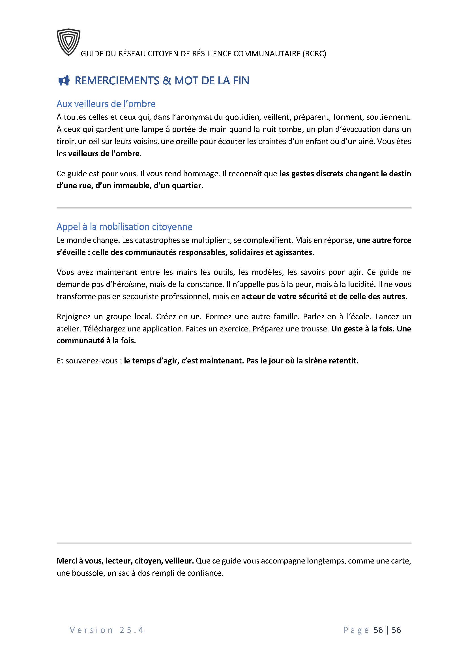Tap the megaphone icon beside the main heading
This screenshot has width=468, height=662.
coord(64,81)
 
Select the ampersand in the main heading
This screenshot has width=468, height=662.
coord(167,81)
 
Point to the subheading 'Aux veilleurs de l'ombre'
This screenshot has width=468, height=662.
coord(106,104)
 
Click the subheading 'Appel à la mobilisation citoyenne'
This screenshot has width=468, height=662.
coord(124,227)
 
